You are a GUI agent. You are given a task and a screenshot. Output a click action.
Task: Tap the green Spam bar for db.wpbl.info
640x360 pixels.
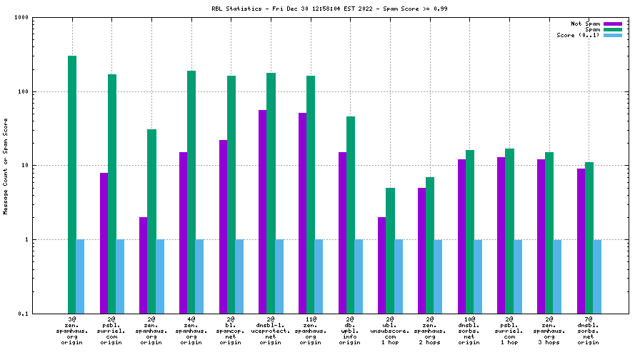[351, 214]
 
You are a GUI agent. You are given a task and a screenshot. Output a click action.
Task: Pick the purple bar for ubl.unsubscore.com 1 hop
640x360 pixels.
[382, 265]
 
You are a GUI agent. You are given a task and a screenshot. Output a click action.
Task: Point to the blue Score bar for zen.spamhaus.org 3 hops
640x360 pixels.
[557, 276]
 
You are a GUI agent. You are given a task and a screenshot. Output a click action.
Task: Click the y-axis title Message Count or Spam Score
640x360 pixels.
[6, 166]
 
